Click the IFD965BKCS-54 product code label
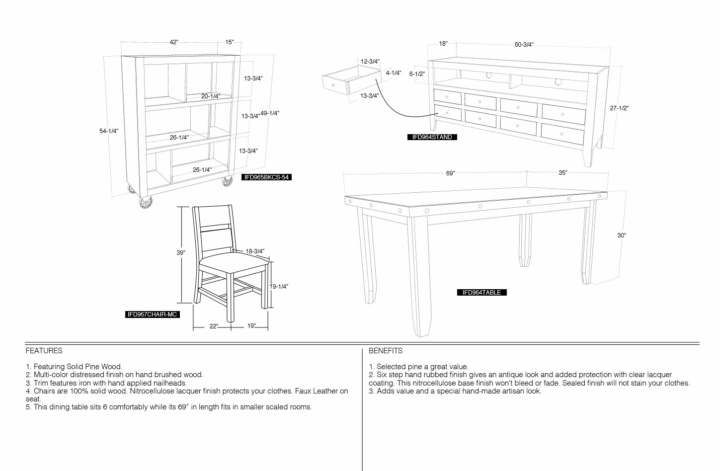pos(266,177)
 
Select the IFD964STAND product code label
pos(432,137)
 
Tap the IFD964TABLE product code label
pos(481,292)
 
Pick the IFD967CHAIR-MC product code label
pos(153,314)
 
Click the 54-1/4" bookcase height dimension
pos(109,131)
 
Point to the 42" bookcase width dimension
pos(174,42)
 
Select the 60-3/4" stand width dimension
pos(524,45)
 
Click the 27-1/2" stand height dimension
pos(619,108)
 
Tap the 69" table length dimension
pos(450,173)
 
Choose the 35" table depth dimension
pos(562,173)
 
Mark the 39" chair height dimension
pos(181,253)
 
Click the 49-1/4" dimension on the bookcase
pos(270,113)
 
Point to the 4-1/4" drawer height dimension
pos(394,73)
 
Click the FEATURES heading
pos(44,351)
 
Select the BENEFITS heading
pos(386,351)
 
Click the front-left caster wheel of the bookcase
pos(146,202)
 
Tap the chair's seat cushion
pos(234,262)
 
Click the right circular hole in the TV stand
pos(558,81)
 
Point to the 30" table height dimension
pos(622,235)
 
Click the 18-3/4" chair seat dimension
pos(255,251)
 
